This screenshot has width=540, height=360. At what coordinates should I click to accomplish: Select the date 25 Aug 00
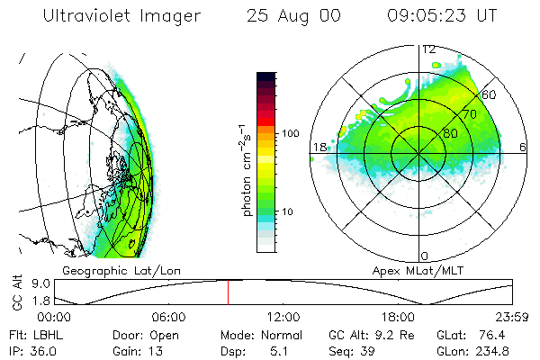[x=293, y=16]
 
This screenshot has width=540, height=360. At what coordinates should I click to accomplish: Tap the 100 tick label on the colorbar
[x=290, y=133]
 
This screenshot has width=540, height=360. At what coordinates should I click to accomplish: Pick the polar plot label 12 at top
[x=429, y=49]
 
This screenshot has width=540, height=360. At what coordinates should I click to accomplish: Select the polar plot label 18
[x=319, y=147]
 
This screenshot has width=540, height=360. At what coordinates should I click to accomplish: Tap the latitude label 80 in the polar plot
[x=449, y=135]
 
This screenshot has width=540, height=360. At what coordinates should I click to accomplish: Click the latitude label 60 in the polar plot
[x=490, y=94]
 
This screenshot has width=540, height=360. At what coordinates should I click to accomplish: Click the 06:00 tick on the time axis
[x=169, y=317]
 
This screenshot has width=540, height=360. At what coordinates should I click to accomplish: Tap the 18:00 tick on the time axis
[x=398, y=317]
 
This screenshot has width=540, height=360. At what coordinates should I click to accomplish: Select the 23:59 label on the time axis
[x=510, y=317]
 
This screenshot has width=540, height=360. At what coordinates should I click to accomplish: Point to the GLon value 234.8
[x=497, y=349]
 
